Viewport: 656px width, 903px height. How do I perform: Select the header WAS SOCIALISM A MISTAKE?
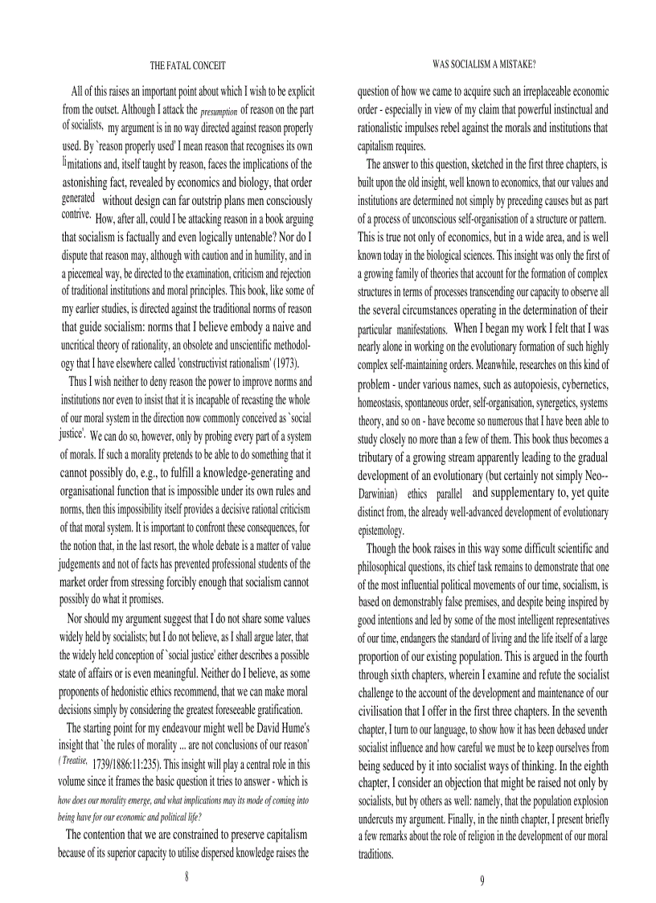pyautogui.click(x=484, y=63)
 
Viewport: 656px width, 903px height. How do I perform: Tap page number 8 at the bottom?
pyautogui.click(x=187, y=876)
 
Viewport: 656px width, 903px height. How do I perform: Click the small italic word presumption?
pyautogui.click(x=219, y=110)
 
